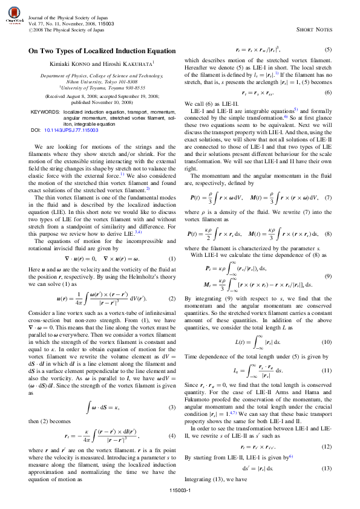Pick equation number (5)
327,48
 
